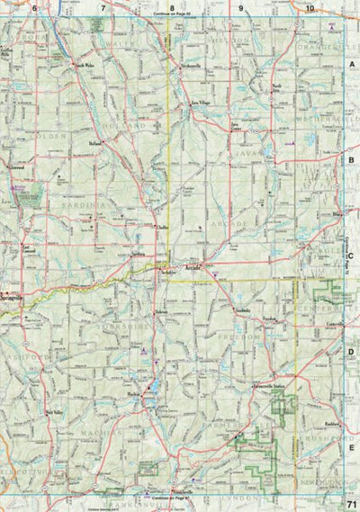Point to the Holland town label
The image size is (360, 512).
click(96, 142)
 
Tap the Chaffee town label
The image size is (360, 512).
click(161, 229)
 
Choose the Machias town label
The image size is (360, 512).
click(134, 393)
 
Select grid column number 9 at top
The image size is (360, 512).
click(242, 8)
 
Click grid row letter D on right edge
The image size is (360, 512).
click(353, 353)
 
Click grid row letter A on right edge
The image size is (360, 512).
click(353, 66)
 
